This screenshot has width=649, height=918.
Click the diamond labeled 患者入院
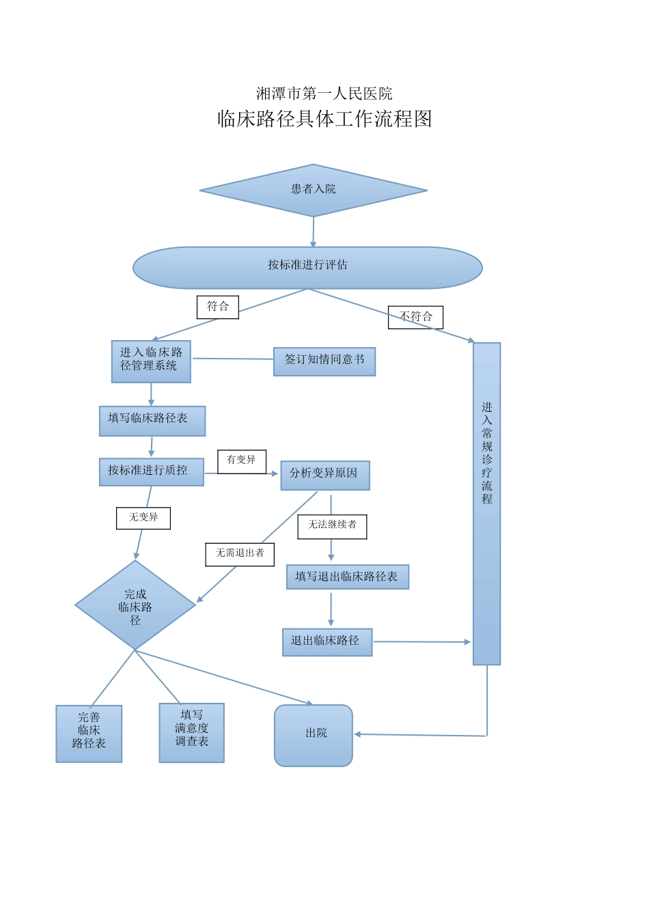(x=313, y=190)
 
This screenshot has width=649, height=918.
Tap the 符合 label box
(x=217, y=307)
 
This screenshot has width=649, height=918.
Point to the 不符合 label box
(x=415, y=317)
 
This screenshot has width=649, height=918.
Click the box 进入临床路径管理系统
(x=151, y=361)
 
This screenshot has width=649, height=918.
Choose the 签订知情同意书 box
(x=324, y=361)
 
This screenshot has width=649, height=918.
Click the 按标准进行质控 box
(x=151, y=471)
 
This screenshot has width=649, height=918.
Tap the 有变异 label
(x=241, y=461)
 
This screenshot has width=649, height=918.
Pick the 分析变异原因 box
(x=324, y=475)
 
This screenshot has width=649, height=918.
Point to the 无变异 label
(x=143, y=518)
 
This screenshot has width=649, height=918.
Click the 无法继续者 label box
(x=332, y=526)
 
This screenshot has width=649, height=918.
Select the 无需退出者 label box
(x=239, y=554)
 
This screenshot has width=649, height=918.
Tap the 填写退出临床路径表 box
(x=347, y=576)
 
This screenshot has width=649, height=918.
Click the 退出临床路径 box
(x=327, y=642)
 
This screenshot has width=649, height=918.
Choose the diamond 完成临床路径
(x=135, y=606)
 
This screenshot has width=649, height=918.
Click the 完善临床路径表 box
(x=89, y=733)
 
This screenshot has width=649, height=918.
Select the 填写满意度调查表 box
(x=191, y=732)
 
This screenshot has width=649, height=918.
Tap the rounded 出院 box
(x=314, y=735)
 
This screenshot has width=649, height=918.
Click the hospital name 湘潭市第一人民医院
(x=324, y=94)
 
